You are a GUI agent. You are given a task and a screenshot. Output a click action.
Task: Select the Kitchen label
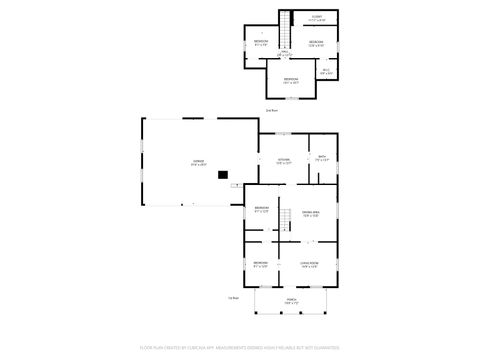click(x=283, y=160)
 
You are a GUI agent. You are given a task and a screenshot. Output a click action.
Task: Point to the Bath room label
click(x=322, y=156)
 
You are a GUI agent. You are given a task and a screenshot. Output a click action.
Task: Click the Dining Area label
click(x=310, y=213)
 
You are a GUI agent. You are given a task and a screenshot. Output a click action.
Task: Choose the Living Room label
click(x=309, y=263)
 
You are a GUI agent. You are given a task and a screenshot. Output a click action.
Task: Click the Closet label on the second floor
click(x=316, y=17)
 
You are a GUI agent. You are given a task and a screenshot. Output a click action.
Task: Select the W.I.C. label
click(x=326, y=70)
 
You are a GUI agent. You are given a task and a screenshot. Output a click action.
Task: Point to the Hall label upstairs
click(x=284, y=51)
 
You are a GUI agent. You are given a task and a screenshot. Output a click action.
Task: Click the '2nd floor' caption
click(x=271, y=110)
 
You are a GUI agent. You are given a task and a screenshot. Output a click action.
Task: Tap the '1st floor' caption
click(x=233, y=297)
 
